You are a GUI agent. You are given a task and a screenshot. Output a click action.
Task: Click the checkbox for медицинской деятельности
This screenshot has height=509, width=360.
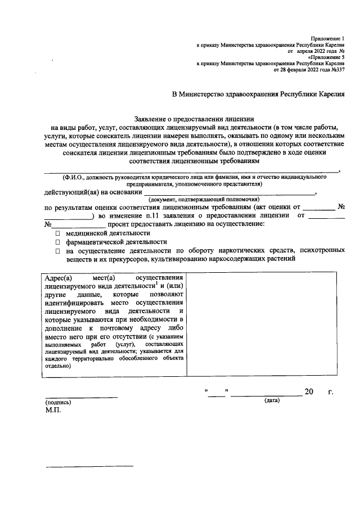(x=57, y=232)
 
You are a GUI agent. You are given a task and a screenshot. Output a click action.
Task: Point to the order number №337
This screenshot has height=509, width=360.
(x=336, y=70)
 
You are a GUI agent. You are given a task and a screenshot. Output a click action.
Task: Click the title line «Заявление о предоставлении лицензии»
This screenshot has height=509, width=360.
(x=195, y=119)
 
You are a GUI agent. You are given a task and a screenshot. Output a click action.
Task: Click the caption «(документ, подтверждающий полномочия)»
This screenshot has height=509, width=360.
(x=203, y=199)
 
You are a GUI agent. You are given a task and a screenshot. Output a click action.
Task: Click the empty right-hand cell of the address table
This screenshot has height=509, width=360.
(x=263, y=324)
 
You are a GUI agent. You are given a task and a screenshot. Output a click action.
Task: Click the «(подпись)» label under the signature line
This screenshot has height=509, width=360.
(x=58, y=403)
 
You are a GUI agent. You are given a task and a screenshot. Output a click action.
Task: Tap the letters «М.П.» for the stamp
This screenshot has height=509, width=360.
(x=55, y=411)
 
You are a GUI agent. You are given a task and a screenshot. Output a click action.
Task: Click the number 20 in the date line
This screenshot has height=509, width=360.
(x=308, y=391)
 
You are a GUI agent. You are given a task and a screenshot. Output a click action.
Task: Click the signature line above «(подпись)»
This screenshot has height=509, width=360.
(x=82, y=397)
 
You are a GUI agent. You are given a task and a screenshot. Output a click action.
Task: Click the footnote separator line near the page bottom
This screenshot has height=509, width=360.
(x=89, y=466)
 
